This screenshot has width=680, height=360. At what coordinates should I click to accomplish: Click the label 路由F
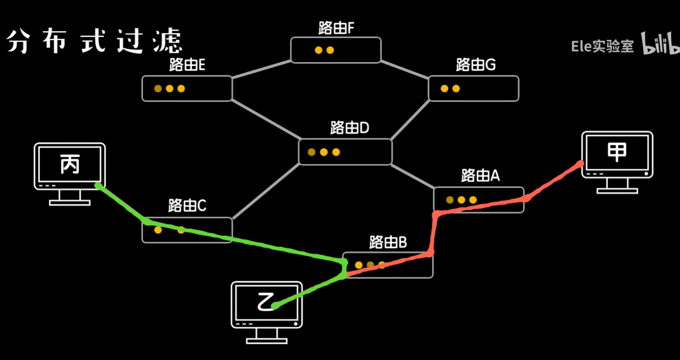point(336,28)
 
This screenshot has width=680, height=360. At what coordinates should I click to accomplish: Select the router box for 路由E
point(187,88)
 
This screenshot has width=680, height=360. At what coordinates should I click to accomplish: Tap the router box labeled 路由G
point(473,88)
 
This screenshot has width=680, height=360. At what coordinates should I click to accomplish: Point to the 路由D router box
point(345,152)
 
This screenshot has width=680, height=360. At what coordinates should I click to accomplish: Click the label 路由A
point(480,176)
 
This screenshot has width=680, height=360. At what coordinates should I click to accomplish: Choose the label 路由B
point(388,243)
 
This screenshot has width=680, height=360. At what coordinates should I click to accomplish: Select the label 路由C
point(187,206)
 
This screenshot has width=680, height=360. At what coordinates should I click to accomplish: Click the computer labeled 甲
point(617,154)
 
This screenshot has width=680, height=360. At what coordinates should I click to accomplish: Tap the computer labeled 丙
point(70,166)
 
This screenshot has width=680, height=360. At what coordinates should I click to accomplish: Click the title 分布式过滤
point(94,42)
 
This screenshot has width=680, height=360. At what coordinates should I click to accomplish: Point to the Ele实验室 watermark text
point(602,46)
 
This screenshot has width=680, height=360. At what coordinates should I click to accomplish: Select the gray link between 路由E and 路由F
point(261,69)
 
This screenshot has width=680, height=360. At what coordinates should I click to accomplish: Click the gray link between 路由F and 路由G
point(405,69)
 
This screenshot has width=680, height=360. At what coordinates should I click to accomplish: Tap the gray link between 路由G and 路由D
point(411,120)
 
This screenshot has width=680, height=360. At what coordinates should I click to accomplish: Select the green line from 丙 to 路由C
point(122,203)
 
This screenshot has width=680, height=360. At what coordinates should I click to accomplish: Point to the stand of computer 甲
point(617,188)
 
